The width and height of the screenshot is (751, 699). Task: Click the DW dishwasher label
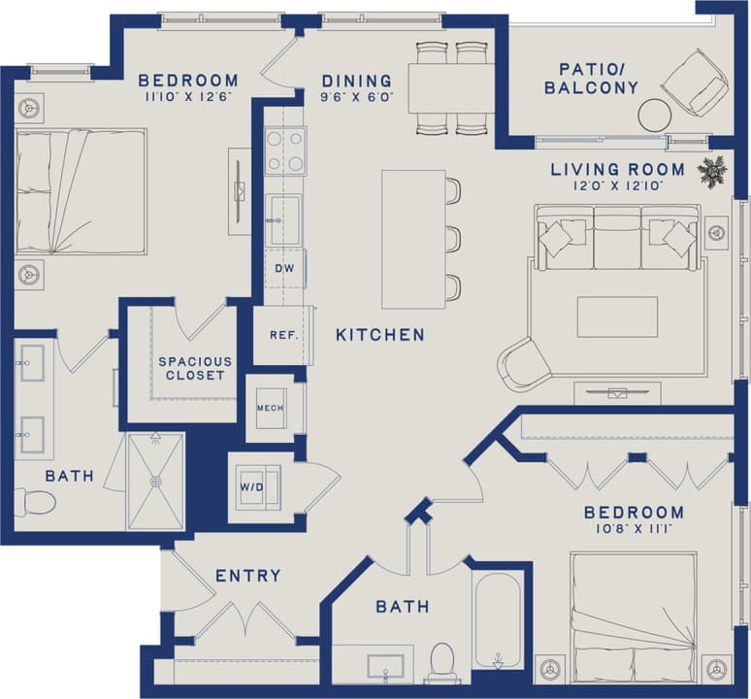click(283, 269)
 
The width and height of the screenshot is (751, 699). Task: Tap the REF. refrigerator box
click(282, 335)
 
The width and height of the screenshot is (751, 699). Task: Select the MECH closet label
click(270, 408)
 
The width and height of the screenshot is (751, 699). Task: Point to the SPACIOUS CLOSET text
click(195, 369)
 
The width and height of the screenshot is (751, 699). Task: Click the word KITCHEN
click(380, 335)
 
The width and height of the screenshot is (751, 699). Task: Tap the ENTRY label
click(248, 576)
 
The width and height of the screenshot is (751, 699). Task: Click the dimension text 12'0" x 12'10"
click(617, 185)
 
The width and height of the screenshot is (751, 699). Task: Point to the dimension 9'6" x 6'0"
click(357, 97)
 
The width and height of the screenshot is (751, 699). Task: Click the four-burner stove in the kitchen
click(285, 150)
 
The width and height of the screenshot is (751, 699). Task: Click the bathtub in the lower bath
click(498, 618)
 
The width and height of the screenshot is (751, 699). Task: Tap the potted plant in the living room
click(712, 172)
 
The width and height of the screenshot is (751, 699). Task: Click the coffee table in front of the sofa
click(617, 317)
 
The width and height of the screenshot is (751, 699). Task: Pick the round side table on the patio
click(655, 115)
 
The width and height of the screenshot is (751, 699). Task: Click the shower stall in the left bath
click(155, 481)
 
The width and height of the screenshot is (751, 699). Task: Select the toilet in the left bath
click(35, 502)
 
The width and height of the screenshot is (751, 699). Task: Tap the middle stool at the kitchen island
click(451, 239)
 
